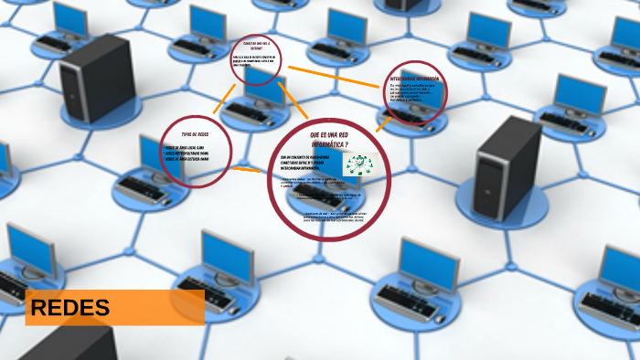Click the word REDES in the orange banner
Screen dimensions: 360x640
pos(69,309)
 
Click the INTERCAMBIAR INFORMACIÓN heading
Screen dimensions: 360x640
pos(414,79)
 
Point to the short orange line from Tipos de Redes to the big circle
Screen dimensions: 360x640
pos(245,169)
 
